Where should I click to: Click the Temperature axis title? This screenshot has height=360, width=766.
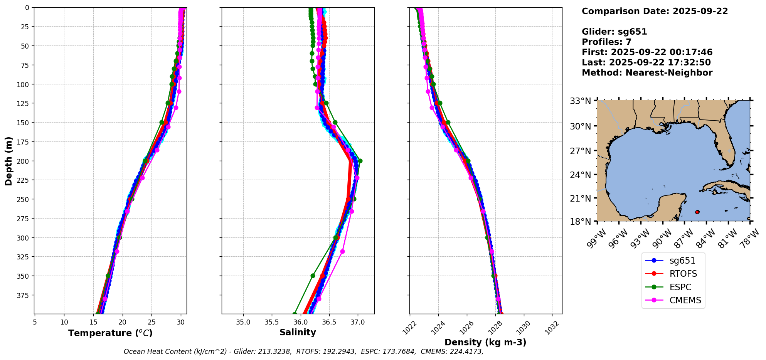point(110,333)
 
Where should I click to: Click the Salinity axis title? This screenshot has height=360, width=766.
point(298,332)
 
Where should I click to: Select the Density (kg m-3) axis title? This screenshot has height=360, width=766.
point(485,342)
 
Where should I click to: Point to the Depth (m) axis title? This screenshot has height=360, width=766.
point(8,161)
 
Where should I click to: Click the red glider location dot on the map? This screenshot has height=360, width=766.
point(697,212)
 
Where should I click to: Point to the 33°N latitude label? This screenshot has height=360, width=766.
point(581,101)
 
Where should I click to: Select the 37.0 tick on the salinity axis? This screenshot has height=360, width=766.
point(357,322)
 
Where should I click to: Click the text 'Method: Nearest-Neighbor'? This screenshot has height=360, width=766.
point(647,73)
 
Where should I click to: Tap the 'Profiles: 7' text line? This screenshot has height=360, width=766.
point(606,42)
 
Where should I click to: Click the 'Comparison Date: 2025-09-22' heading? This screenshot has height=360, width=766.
point(655,11)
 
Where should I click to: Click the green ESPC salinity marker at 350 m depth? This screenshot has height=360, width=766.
point(313,276)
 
